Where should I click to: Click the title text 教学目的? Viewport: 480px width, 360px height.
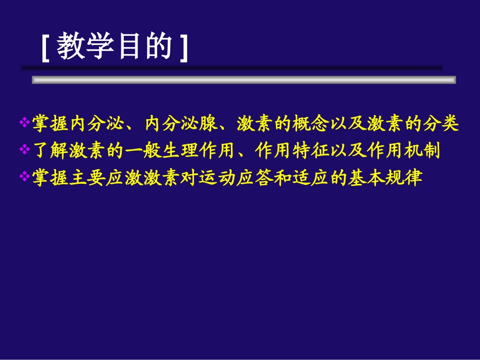[115, 48]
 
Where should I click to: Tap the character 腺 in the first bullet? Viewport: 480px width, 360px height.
[208, 123]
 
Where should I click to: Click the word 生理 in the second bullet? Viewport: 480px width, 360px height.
[180, 150]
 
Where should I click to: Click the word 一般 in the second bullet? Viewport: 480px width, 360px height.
[143, 150]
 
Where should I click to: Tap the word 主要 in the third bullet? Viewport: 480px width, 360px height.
[87, 178]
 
